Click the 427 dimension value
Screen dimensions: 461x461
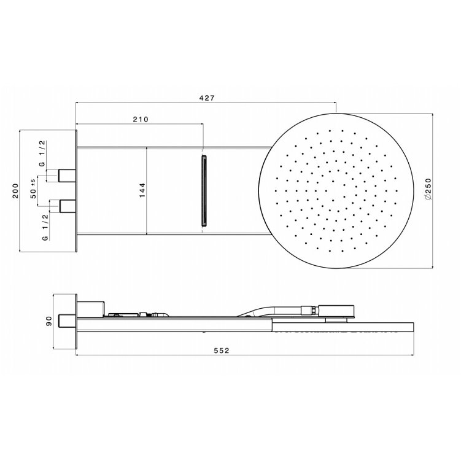coord(207,98)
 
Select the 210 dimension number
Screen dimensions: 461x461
coord(141,119)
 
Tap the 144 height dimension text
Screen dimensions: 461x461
coord(142,190)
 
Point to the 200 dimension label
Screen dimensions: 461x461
coord(15,191)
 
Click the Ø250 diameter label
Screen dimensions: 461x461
coord(428,190)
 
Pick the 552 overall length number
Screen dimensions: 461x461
coord(222,351)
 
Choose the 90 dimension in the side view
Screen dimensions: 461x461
coord(49,321)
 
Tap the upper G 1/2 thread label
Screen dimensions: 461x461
coord(42,153)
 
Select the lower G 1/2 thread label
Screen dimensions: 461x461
coord(45,227)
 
